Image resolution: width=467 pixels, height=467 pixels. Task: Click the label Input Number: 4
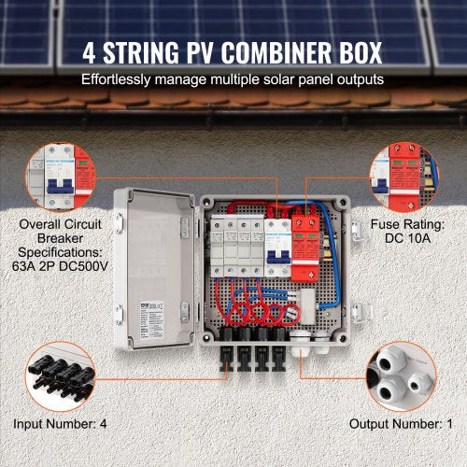click(61, 423)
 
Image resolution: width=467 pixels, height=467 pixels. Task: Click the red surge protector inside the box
click(304, 248)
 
